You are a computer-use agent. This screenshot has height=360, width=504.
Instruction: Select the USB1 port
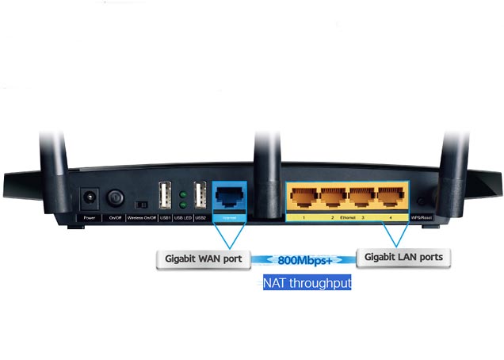(165, 195)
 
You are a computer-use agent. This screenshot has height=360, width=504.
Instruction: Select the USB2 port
(200, 195)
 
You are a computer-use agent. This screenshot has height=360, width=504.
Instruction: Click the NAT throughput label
(307, 282)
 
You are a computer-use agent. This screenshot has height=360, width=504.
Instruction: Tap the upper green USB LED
(182, 193)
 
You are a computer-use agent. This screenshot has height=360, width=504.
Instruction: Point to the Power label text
(90, 216)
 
